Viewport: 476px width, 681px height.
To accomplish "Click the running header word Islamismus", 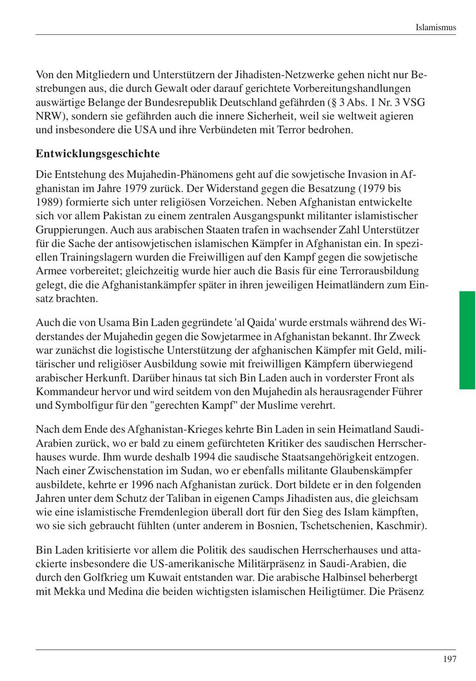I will (435, 27).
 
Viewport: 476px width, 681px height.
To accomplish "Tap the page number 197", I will (449, 659).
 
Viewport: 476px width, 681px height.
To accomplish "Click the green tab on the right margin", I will (467, 340).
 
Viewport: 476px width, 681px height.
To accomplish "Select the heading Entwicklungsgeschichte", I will (97, 154).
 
